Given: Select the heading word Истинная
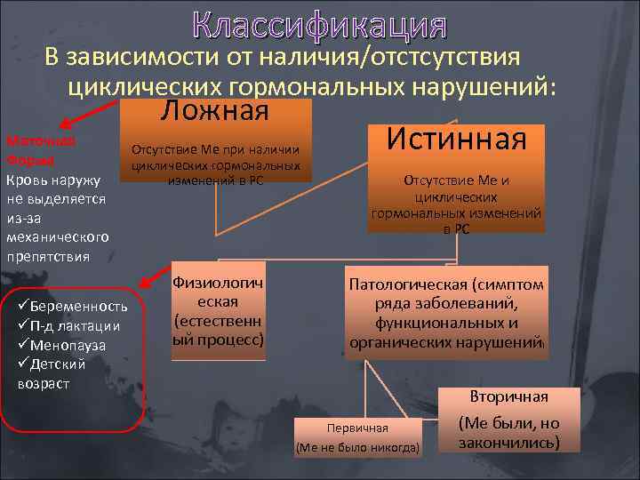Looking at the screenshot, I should pyautogui.click(x=457, y=139).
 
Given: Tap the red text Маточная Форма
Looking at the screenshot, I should pyautogui.click(x=41, y=150).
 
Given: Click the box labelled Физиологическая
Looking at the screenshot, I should pyautogui.click(x=217, y=311).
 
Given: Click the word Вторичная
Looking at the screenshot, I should pyautogui.click(x=508, y=396).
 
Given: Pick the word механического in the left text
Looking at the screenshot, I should pyautogui.click(x=57, y=237).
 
